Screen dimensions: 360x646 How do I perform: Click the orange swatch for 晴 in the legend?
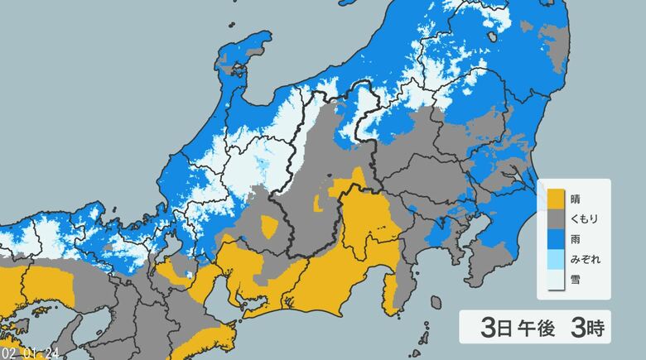click(x=553, y=199)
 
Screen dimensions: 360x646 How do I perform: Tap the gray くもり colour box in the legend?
click(x=553, y=219)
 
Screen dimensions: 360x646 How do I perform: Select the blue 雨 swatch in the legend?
click(x=553, y=239)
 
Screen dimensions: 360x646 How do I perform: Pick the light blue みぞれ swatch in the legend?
click(x=553, y=259)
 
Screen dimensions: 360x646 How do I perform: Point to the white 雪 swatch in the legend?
click(x=553, y=279)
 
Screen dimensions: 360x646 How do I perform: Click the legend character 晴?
click(x=576, y=199)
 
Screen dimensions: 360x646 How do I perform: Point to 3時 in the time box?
click(x=583, y=327)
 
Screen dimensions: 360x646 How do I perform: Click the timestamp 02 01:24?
click(x=29, y=353)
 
